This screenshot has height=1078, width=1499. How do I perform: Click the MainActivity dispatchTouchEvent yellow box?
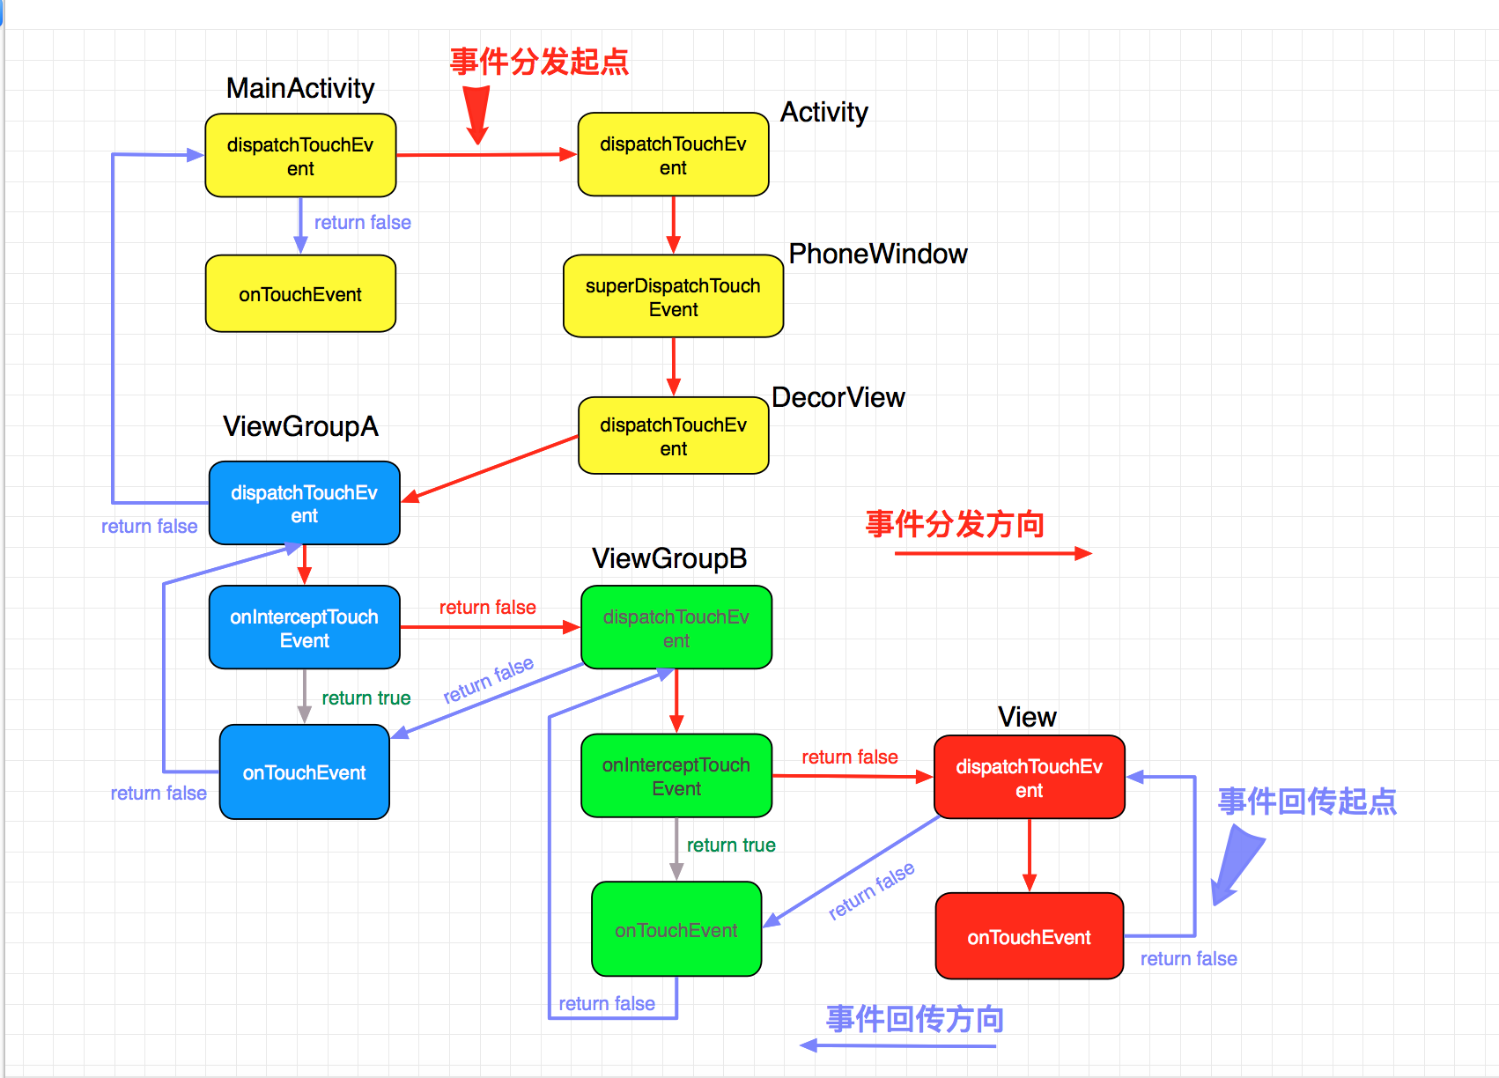pyautogui.click(x=300, y=156)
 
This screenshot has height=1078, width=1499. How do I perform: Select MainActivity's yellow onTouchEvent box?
pyautogui.click(x=300, y=294)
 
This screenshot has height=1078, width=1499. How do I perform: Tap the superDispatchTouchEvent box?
pyautogui.click(x=673, y=297)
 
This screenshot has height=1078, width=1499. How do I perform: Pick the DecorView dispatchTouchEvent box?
pyautogui.click(x=673, y=436)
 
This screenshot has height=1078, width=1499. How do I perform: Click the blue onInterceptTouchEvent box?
pyautogui.click(x=304, y=628)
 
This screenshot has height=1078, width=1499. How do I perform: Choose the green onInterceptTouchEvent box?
pyautogui.click(x=676, y=776)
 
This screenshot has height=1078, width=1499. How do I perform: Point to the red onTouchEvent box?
pyautogui.click(x=1029, y=937)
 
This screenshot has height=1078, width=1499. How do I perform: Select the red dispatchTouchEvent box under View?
pyautogui.click(x=1029, y=778)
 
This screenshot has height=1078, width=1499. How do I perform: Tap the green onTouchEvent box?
pyautogui.click(x=676, y=930)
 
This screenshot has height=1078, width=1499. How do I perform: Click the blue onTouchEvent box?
pyautogui.click(x=304, y=772)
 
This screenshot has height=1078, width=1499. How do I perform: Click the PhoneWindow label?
pyautogui.click(x=877, y=254)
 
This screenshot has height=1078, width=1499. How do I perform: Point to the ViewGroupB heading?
pyautogui.click(x=669, y=558)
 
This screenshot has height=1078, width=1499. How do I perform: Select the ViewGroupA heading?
pyautogui.click(x=300, y=426)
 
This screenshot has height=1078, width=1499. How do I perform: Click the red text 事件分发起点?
pyautogui.click(x=539, y=62)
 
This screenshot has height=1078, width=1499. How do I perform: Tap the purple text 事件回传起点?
pyautogui.click(x=1307, y=801)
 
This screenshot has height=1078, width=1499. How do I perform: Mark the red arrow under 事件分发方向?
pyautogui.click(x=993, y=553)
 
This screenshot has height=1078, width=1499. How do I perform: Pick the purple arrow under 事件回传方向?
pyautogui.click(x=897, y=1045)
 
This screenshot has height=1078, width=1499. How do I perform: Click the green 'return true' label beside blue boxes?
pyautogui.click(x=366, y=698)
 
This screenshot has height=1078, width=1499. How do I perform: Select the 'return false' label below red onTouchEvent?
pyautogui.click(x=1188, y=959)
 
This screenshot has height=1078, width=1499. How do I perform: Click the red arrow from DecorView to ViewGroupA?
pyautogui.click(x=491, y=469)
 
